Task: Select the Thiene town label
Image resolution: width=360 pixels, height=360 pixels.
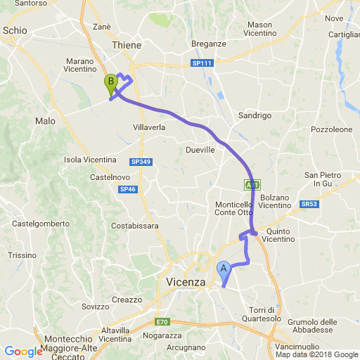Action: coord(127,45)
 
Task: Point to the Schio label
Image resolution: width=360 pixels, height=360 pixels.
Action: coord(15,30)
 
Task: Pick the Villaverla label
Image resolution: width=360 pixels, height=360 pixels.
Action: coord(149,127)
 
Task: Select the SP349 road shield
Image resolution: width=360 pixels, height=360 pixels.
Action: coord(141,162)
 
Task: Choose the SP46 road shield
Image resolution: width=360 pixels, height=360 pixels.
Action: coord(127,189)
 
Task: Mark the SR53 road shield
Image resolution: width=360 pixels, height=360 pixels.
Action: coord(308,204)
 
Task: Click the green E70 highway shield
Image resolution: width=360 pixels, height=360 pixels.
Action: coord(162,322)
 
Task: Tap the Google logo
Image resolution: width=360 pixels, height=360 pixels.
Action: coord(23,352)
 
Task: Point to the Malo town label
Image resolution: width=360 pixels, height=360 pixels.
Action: coord(45,121)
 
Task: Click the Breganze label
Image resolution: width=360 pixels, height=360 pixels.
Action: coord(209,44)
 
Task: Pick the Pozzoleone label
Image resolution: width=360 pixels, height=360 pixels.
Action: coord(331,130)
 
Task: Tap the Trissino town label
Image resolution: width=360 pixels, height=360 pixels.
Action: coord(21,255)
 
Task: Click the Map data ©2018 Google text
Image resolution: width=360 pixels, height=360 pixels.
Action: coord(316,355)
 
